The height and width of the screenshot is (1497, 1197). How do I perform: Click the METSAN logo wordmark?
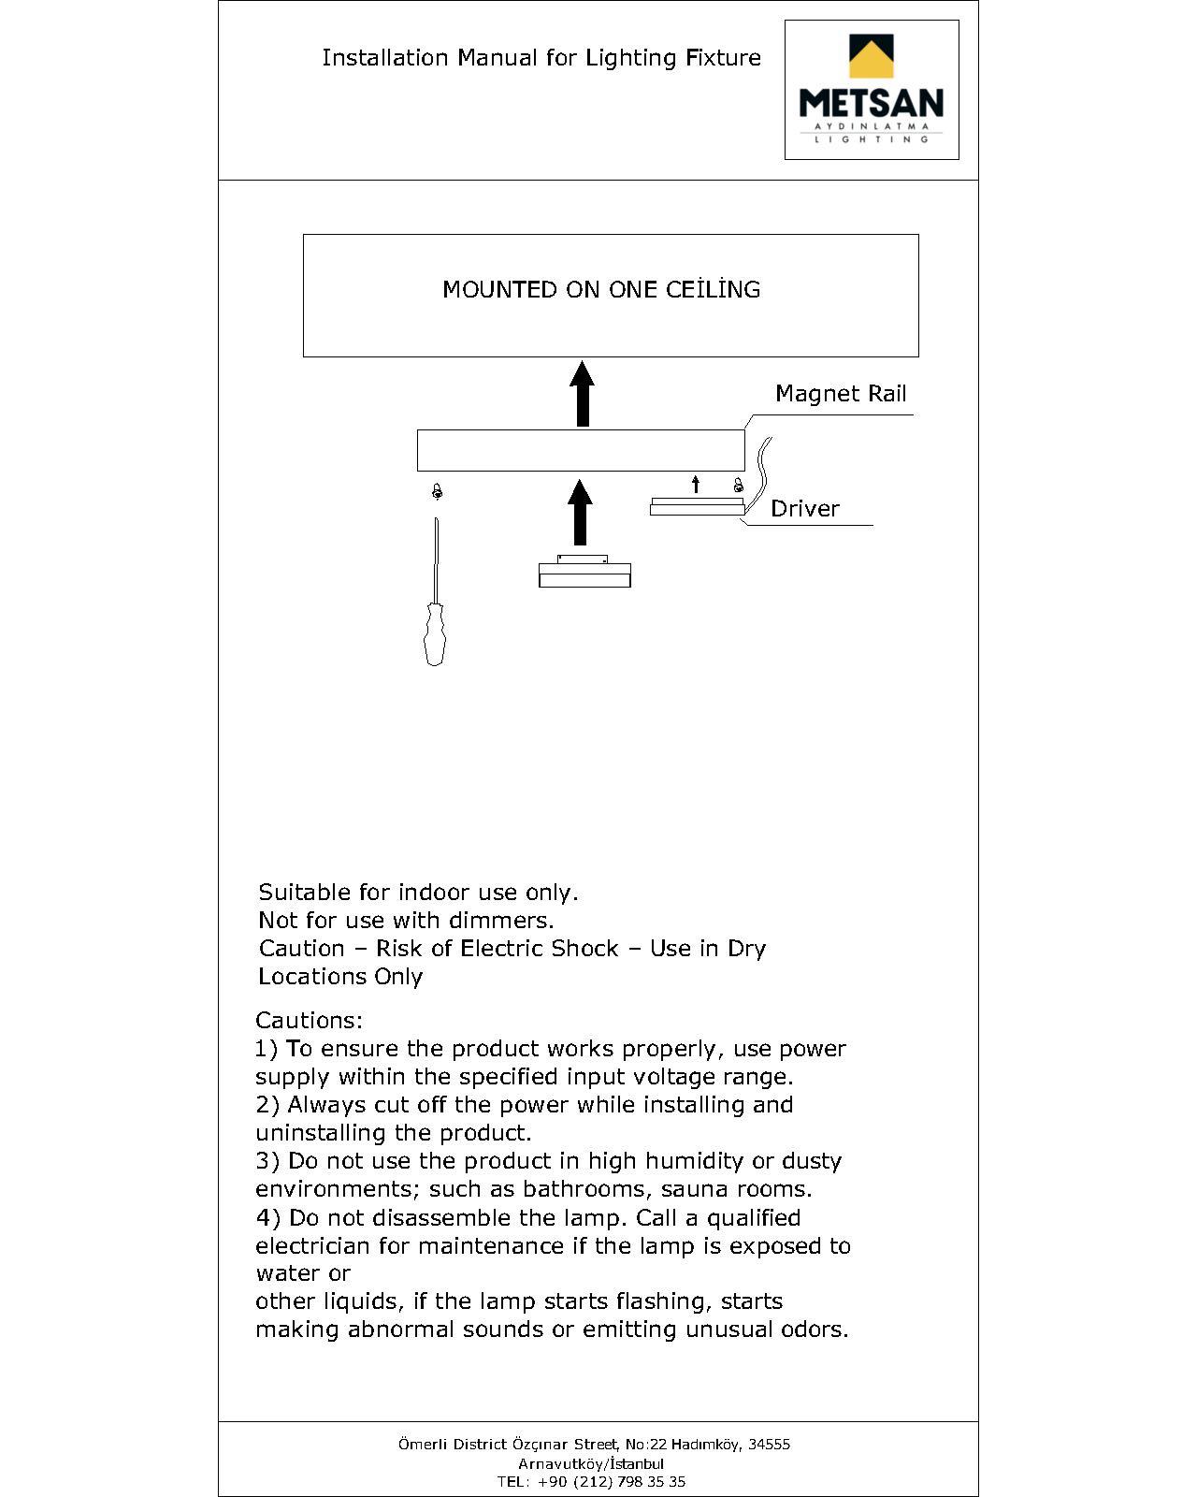pos(871,102)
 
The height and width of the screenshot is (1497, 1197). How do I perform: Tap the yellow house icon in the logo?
pos(871,57)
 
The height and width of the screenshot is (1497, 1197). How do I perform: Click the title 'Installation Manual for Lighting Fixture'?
pos(541,58)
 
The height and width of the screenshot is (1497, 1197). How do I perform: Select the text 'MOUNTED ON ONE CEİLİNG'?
pos(601,289)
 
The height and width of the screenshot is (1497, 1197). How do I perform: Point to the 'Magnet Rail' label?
pos(841,394)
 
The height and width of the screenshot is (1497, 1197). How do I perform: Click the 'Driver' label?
pos(804,509)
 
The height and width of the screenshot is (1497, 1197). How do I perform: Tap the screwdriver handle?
pos(435,634)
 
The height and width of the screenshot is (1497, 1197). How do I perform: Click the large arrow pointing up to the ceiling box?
pos(583,394)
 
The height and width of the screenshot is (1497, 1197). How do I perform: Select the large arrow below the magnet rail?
pos(581,512)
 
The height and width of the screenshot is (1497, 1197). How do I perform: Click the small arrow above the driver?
pos(695,484)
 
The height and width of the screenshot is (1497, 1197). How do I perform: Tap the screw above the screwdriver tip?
pos(437,491)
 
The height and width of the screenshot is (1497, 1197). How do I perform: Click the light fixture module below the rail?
pos(584,573)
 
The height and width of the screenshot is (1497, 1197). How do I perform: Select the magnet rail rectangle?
pos(580,450)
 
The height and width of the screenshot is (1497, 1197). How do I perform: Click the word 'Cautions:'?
pos(309,1020)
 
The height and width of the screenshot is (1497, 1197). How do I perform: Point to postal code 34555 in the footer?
pos(769,1444)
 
